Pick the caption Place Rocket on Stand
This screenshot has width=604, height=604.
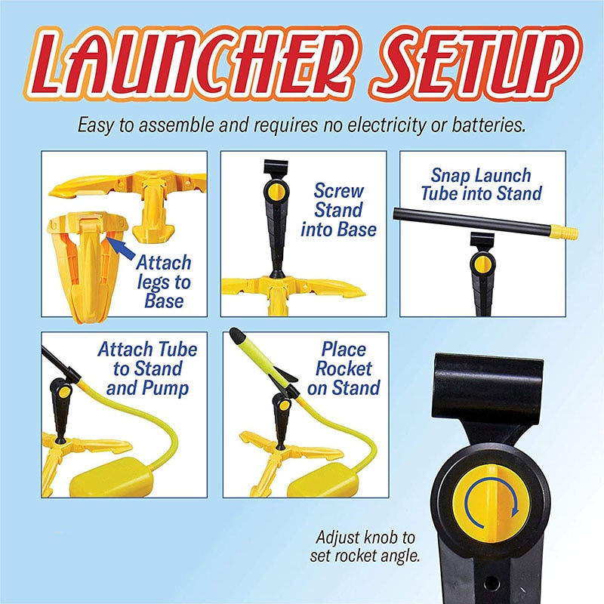(344, 368)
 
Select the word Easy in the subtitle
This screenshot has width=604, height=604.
(95, 125)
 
